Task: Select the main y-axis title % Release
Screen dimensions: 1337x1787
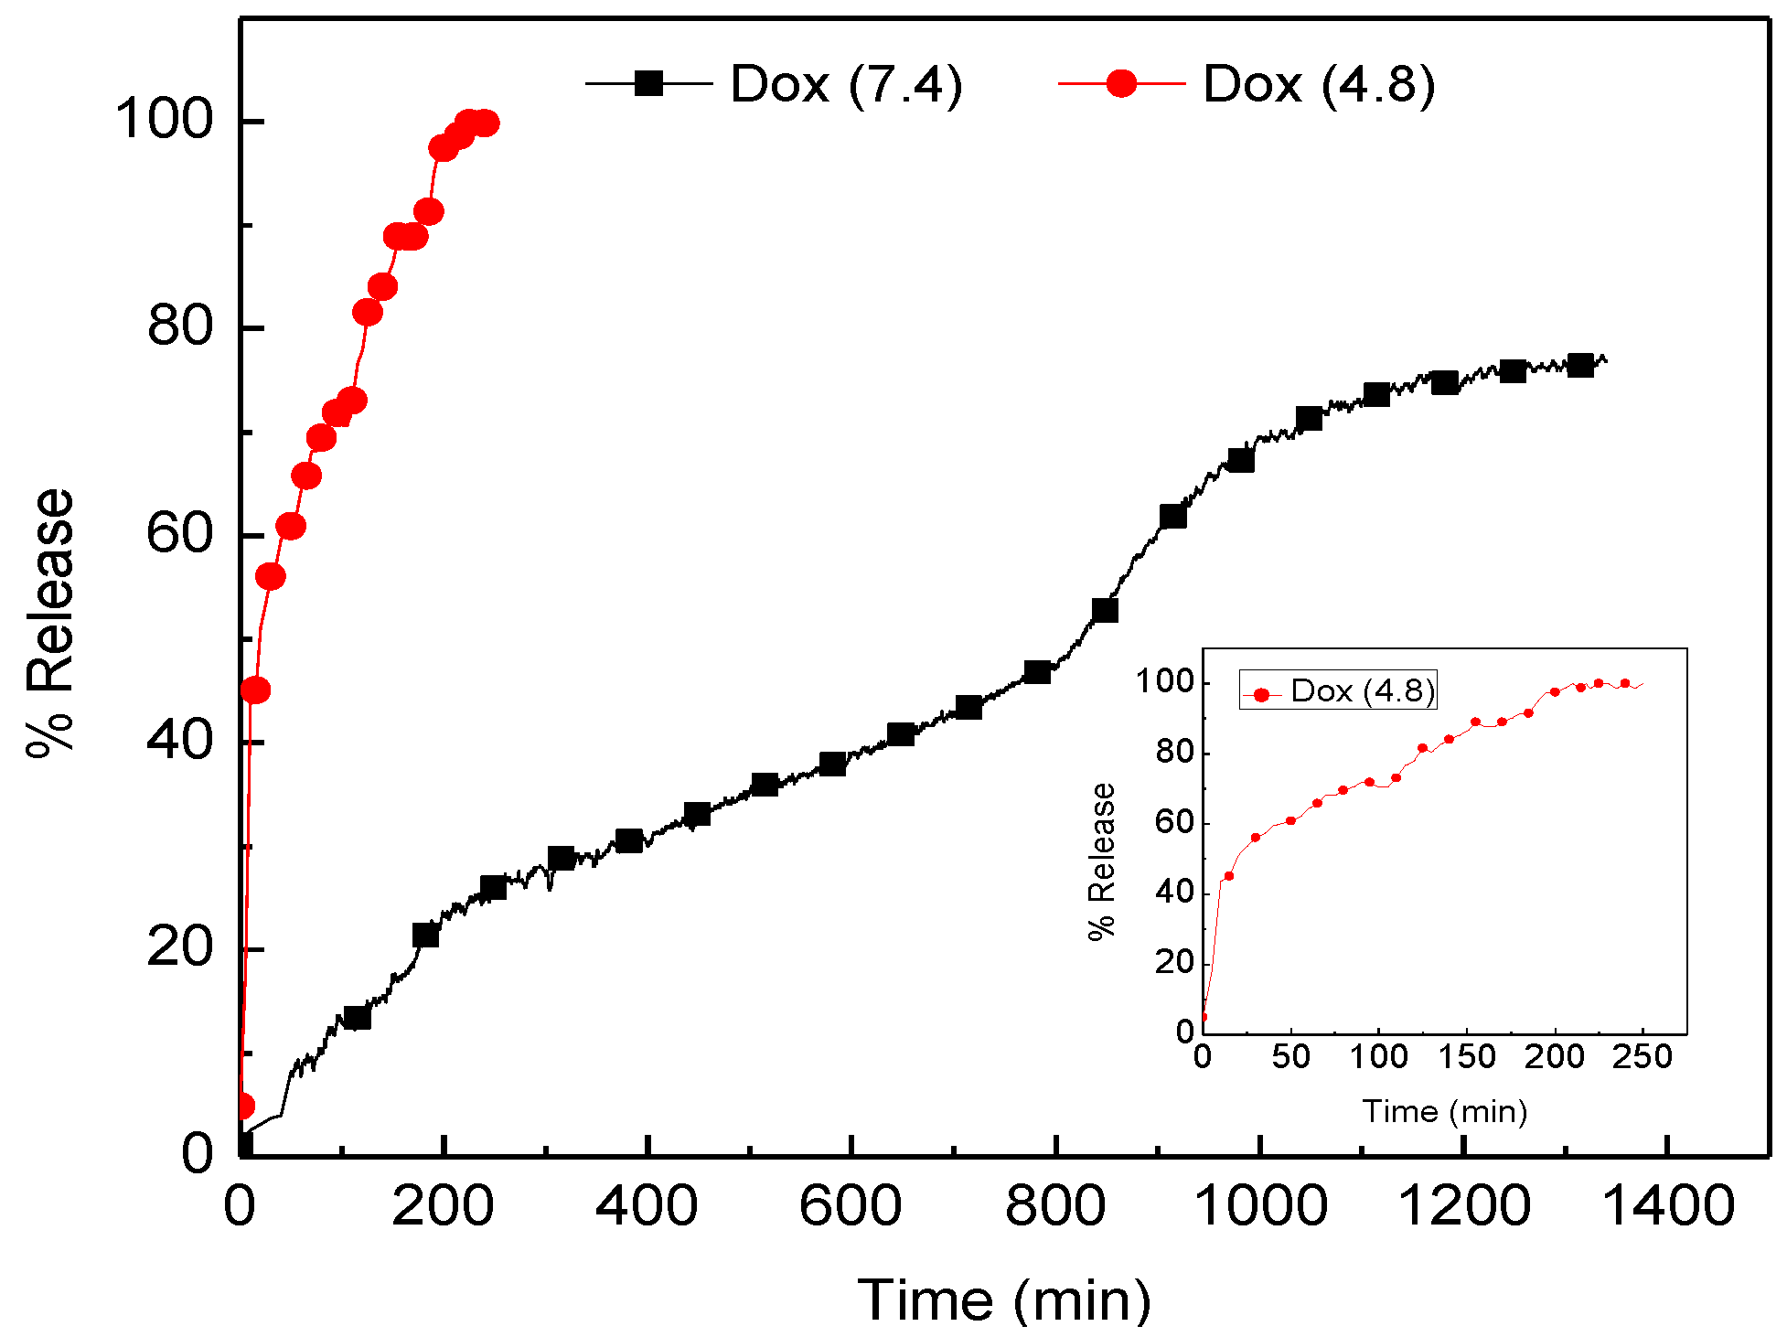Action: click(x=50, y=622)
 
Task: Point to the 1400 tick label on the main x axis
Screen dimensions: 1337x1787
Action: click(x=1668, y=1204)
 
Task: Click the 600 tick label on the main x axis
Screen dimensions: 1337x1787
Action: click(x=851, y=1204)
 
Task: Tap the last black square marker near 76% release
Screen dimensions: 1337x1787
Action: click(x=1580, y=365)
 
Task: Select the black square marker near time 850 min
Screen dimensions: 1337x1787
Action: click(x=1105, y=610)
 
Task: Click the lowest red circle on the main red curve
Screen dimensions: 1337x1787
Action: click(x=243, y=1107)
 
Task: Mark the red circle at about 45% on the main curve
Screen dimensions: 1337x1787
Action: click(x=256, y=690)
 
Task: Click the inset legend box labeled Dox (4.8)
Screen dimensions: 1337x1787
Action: click(x=1338, y=691)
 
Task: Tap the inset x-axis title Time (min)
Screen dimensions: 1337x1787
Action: click(x=1444, y=1111)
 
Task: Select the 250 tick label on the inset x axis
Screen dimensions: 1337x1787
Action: click(x=1643, y=1058)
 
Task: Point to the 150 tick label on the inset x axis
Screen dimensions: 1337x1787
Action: click(x=1466, y=1058)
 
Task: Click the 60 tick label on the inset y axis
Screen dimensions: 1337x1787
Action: click(x=1174, y=822)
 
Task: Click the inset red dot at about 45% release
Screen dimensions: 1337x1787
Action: click(x=1229, y=876)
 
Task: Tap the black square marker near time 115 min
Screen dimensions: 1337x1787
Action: click(x=357, y=1017)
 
